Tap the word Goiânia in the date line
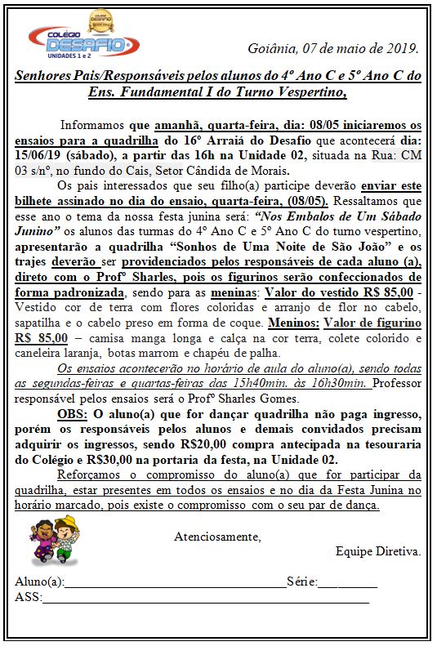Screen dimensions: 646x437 click(270, 48)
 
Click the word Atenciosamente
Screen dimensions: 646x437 click(217, 537)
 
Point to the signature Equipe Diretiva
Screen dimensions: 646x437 click(377, 551)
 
